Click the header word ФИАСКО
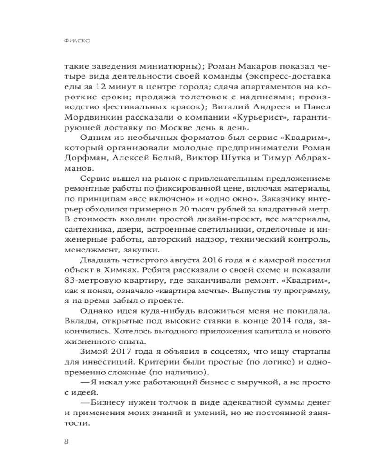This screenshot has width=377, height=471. pos(76,41)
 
